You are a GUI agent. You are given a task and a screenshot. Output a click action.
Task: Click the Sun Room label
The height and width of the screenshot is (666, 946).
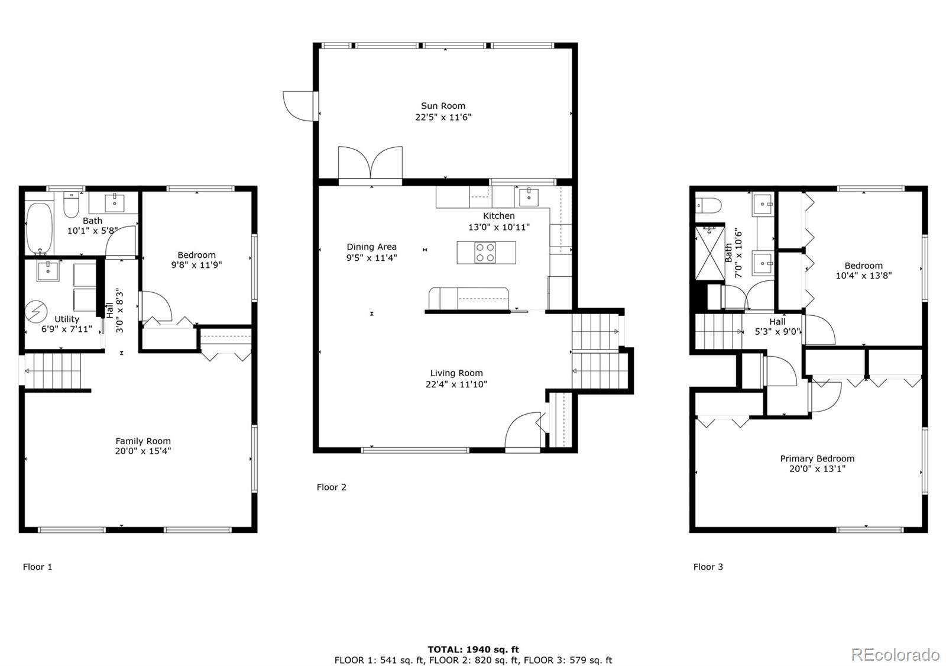(443, 106)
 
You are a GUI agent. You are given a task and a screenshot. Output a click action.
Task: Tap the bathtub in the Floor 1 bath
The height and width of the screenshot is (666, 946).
(39, 228)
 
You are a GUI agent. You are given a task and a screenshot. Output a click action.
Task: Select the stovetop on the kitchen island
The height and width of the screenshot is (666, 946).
(485, 253)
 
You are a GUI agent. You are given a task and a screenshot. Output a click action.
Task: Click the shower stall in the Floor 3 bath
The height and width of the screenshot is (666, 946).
(710, 253)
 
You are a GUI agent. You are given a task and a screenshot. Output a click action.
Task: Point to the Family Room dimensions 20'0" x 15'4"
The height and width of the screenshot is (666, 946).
(143, 451)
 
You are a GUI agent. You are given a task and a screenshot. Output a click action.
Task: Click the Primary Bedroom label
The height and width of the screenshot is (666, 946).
(817, 458)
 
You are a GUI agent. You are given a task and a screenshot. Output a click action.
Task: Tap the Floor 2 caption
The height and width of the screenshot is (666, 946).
(332, 487)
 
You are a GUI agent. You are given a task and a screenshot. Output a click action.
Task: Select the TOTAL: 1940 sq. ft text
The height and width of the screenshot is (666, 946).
(473, 649)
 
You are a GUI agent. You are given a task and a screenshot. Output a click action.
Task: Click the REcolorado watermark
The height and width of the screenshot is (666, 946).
(895, 655)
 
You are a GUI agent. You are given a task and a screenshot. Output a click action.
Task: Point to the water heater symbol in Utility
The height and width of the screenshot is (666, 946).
(36, 312)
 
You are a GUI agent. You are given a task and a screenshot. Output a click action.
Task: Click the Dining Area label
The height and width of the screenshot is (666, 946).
(372, 247)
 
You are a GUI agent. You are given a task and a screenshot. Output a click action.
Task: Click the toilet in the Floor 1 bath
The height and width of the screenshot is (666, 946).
(72, 205)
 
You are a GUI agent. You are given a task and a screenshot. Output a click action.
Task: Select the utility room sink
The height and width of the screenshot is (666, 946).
(48, 271)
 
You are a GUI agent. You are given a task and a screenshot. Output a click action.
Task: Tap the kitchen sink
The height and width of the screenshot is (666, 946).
(529, 198)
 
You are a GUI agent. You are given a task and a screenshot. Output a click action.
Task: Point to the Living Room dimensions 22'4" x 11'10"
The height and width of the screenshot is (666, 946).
(456, 384)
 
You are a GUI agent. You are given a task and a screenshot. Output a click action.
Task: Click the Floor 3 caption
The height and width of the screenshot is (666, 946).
(708, 567)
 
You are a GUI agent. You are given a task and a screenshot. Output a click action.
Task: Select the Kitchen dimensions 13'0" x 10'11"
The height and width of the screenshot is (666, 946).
(499, 227)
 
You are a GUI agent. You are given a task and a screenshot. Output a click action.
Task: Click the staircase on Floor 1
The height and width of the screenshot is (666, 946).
(53, 371)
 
